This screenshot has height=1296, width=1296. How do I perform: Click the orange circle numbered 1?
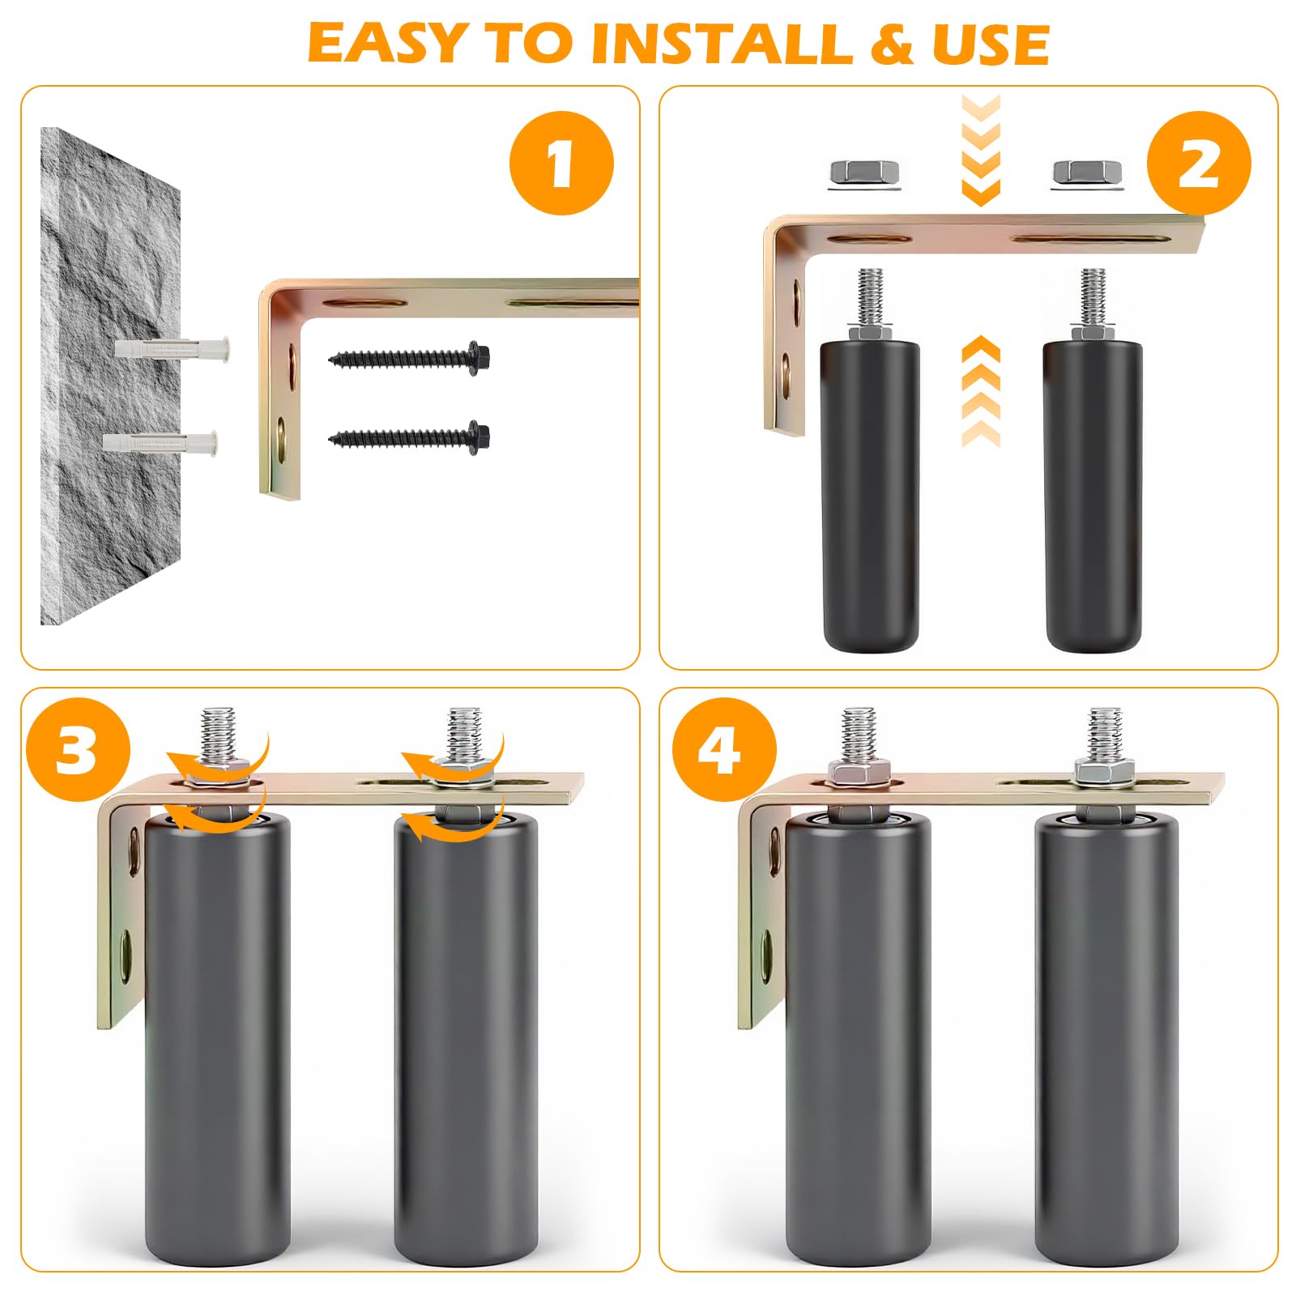561,163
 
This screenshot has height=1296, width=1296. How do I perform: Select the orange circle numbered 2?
1199,163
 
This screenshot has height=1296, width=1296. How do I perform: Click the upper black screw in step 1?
409,356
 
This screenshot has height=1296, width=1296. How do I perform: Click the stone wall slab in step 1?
110,376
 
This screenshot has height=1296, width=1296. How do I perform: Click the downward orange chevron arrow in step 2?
980,149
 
